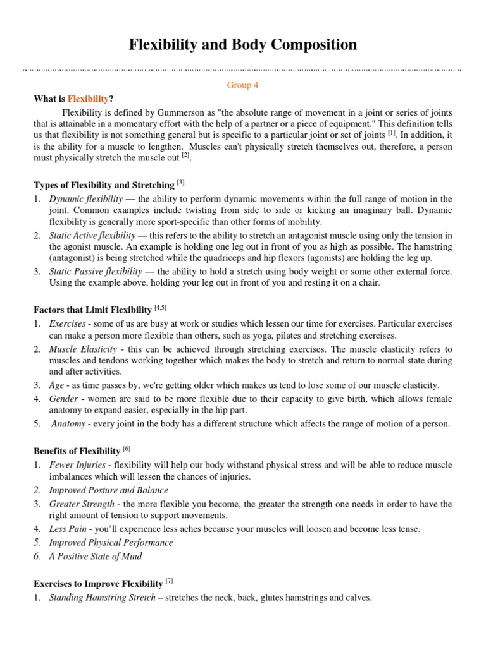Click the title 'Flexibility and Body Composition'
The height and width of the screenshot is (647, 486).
pos(243,45)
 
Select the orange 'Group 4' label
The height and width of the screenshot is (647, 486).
pos(243,85)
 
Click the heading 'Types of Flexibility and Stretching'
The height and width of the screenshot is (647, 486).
pos(104,185)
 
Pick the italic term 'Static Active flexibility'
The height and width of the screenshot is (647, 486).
pos(92,236)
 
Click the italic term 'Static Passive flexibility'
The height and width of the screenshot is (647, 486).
pos(96,272)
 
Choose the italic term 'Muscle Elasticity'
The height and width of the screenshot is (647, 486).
pos(83,349)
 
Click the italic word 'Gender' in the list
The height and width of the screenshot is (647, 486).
pos(64,399)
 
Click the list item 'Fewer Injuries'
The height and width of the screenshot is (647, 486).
pos(76,465)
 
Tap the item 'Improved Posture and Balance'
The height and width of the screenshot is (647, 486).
pos(109,490)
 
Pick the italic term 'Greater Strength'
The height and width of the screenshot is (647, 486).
pos(82,504)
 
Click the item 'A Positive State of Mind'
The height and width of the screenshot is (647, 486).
pos(96,556)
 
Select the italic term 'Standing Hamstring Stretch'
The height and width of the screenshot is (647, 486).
pos(102,597)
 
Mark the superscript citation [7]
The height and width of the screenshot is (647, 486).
pos(169,581)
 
